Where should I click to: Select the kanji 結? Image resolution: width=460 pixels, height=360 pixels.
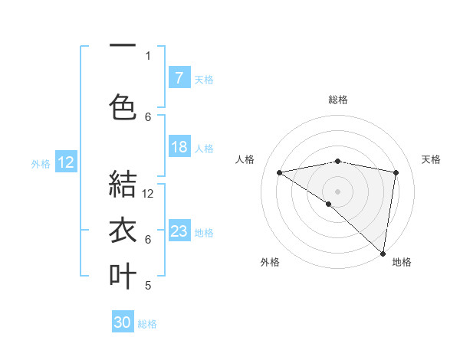(123, 184)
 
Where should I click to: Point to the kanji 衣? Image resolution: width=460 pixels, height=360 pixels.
(123, 230)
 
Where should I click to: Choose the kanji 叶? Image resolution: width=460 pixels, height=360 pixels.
(123, 276)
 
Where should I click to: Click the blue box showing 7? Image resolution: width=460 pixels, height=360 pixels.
(179, 78)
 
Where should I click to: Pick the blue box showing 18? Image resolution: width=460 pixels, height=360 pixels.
(179, 147)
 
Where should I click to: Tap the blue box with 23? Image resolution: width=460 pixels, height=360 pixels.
(179, 231)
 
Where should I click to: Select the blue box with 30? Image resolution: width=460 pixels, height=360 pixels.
(123, 322)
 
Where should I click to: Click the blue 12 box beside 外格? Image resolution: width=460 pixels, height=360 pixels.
(66, 162)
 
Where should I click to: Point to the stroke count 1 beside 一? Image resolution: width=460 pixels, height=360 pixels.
(148, 55)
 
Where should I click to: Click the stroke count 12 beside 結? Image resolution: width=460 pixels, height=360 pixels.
(149, 193)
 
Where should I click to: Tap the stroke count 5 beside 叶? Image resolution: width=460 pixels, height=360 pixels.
(148, 286)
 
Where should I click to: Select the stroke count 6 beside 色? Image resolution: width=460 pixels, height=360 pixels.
(148, 116)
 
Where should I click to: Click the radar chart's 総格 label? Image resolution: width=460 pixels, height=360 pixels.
(338, 100)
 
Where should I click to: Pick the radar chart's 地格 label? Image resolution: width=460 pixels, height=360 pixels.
(402, 262)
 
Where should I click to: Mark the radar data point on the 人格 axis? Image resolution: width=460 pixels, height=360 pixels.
(280, 172)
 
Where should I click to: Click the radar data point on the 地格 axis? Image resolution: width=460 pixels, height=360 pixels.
(383, 253)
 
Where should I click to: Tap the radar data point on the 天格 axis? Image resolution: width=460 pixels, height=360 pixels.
(396, 172)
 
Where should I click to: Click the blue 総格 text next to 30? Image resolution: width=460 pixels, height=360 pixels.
(147, 324)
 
